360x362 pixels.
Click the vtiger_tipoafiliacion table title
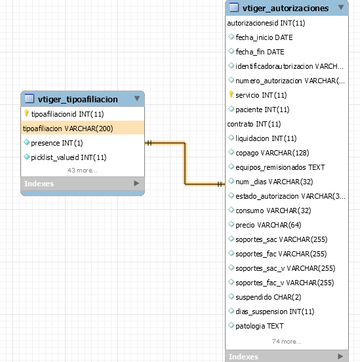tap(78, 99)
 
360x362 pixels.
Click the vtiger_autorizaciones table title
tap(285, 9)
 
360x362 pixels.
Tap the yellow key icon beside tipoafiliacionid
tap(26, 113)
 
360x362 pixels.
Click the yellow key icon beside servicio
tap(231, 94)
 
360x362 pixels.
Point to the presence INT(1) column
tap(57, 143)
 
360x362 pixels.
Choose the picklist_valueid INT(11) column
tap(69, 157)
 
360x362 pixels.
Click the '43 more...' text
tap(83, 171)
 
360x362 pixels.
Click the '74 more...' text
tap(287, 341)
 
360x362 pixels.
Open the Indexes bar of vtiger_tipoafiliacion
tap(83, 184)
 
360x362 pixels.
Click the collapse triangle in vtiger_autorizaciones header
tap(341, 7)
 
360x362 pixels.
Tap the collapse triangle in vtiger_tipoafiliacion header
tap(137, 98)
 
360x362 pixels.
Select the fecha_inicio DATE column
tap(264, 37)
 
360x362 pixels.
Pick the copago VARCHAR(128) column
tap(272, 153)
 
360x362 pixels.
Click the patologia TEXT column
tap(259, 326)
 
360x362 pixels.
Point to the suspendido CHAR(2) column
tap(268, 297)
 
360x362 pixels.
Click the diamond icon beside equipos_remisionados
tap(231, 167)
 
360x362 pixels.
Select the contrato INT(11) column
tap(254, 124)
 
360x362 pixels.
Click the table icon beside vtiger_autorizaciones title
tap(234, 7)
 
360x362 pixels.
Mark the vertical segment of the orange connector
tap(185, 163)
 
